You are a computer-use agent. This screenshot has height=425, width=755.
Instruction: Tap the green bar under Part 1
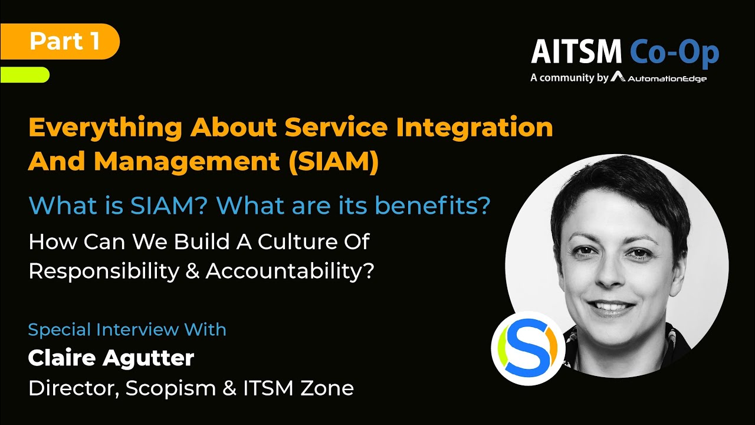tap(25, 74)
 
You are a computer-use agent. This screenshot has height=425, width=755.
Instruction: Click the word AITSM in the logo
tap(576, 53)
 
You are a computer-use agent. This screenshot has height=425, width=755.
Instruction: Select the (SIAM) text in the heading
tap(333, 162)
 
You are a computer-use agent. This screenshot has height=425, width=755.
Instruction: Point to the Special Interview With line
tap(127, 329)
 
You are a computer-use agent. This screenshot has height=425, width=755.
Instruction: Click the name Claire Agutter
tap(111, 358)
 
